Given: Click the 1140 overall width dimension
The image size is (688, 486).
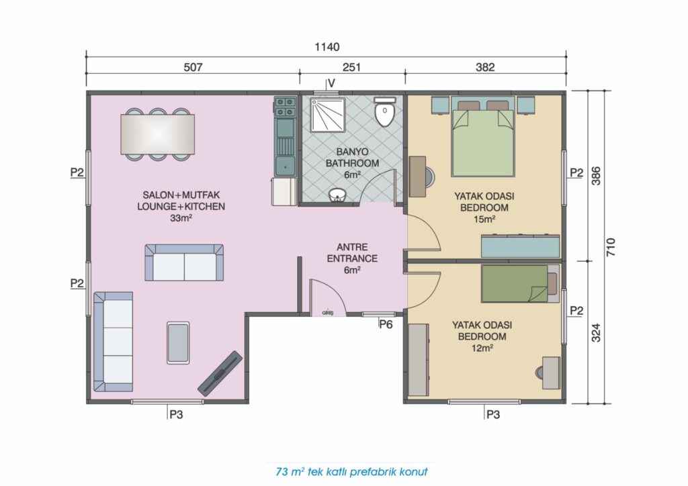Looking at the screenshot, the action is (327, 47).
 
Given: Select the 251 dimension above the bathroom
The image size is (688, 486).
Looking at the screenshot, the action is (351, 67).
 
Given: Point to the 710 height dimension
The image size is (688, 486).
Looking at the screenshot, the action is (610, 247).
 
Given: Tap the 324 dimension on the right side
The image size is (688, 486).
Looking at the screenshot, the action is (595, 333).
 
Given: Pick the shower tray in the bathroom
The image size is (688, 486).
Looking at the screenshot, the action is (328, 115).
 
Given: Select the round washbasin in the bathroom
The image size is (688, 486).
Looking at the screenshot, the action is (337, 195).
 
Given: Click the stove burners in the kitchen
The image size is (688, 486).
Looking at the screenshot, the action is (285, 107).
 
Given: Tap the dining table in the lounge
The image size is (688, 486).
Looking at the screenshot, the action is (157, 134).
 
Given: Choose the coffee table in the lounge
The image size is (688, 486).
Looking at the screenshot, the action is (178, 343).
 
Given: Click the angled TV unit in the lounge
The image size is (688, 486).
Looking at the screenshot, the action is (220, 373).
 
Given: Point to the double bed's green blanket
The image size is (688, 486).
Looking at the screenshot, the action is (482, 143).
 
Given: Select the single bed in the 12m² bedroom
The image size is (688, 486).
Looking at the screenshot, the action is (520, 283).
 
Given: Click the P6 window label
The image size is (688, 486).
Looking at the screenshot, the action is (386, 325).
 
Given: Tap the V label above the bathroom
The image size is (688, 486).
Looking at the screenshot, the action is (331, 83).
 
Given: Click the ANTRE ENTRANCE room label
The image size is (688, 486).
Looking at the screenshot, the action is (352, 253).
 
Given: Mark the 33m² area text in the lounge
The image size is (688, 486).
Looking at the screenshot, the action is (181, 217).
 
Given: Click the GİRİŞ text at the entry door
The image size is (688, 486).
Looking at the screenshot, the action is (328, 313).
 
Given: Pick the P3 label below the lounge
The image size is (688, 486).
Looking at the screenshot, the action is (176, 414).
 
